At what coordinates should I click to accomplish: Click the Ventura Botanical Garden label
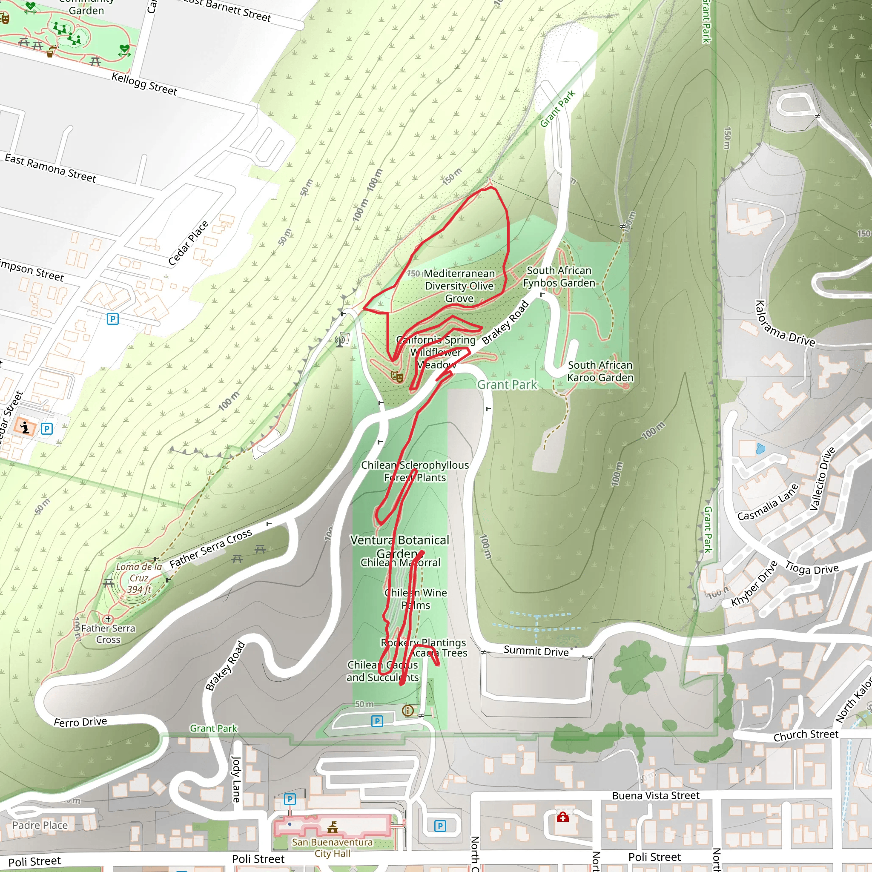[x=399, y=546]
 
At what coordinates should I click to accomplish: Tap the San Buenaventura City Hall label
[x=332, y=848]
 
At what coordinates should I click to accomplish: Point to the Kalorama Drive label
[x=785, y=324]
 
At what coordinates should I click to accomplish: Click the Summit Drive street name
[x=536, y=651]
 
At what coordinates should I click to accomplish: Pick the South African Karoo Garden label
[x=600, y=371]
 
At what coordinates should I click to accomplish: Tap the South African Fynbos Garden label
[x=559, y=277]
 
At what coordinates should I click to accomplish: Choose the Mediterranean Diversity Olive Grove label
[x=459, y=286]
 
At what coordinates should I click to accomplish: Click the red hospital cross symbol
[x=562, y=817]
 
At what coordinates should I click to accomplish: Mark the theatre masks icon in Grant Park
[x=397, y=376]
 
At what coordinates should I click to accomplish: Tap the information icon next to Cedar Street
[x=24, y=427]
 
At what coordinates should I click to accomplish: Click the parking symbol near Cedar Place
[x=113, y=319]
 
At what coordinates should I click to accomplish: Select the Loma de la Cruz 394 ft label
[x=138, y=578]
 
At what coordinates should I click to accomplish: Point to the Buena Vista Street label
[x=655, y=795]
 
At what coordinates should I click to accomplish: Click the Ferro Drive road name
[x=80, y=722]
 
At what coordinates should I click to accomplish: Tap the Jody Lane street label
[x=235, y=779]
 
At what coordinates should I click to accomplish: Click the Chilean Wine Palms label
[x=416, y=599]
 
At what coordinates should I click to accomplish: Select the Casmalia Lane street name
[x=768, y=502]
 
